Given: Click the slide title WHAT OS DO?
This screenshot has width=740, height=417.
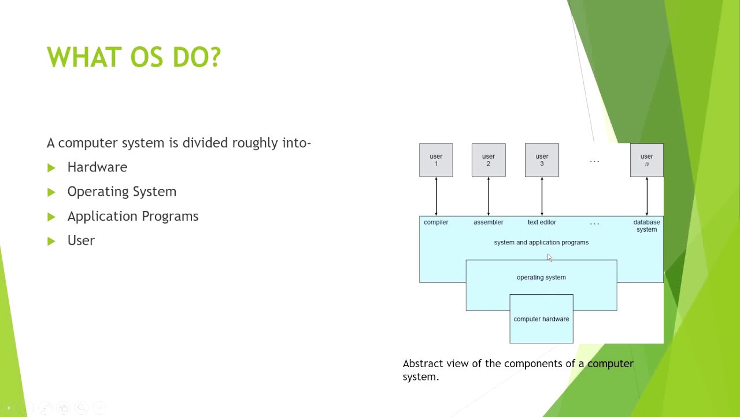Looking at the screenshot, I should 134,57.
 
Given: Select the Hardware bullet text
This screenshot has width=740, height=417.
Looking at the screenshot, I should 97,167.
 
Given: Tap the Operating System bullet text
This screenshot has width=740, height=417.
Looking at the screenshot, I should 121,192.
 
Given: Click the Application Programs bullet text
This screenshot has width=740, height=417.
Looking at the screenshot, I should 132,216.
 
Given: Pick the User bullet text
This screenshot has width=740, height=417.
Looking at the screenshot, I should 81,240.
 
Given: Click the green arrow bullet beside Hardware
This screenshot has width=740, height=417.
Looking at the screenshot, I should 51,168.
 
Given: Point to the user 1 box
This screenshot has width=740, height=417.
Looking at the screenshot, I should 436,160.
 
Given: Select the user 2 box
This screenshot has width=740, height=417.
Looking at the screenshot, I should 489,160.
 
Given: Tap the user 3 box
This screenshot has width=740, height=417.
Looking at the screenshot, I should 542,160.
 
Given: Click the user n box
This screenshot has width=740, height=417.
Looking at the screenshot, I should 646,160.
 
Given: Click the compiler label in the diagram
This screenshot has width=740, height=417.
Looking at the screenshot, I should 436,222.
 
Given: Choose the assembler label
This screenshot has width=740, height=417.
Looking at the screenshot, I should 489,222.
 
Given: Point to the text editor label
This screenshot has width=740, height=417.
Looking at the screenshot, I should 542,222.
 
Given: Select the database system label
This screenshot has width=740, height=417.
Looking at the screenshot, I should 646,226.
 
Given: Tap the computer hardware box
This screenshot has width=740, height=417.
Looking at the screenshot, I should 541,319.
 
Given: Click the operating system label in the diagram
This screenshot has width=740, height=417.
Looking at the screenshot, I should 541,277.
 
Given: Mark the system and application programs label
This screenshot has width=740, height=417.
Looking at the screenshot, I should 541,243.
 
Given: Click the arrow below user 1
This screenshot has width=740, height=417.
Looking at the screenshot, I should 436,196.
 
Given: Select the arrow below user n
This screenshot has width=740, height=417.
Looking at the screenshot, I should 646,196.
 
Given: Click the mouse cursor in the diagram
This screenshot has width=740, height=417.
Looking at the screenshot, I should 549,258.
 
